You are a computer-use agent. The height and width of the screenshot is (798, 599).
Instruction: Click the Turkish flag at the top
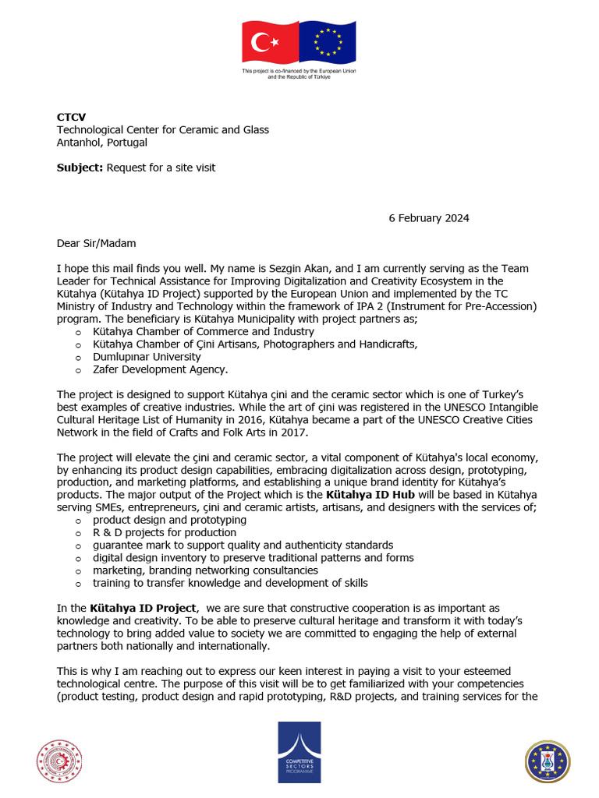click(x=271, y=42)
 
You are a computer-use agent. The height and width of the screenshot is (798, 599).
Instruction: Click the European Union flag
click(x=328, y=42)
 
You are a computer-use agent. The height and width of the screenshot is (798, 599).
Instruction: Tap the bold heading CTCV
click(x=71, y=118)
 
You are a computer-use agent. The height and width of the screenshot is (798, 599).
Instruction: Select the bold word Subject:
click(x=80, y=168)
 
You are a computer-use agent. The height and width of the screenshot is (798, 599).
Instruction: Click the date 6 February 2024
click(x=429, y=218)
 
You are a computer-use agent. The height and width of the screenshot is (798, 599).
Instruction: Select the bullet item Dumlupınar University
click(x=147, y=357)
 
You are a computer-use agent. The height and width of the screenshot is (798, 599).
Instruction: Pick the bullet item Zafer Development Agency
click(x=160, y=369)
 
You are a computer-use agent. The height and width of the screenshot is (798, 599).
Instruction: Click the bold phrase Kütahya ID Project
click(x=143, y=608)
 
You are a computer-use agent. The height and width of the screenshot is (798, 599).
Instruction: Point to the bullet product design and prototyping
click(x=169, y=520)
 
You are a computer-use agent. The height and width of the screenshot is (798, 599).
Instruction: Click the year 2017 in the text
click(x=296, y=433)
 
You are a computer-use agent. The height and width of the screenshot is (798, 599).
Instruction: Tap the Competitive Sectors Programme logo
click(x=299, y=752)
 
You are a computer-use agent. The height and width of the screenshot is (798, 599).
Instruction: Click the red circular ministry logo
click(x=59, y=761)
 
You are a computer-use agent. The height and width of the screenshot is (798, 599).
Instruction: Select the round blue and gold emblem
click(x=548, y=761)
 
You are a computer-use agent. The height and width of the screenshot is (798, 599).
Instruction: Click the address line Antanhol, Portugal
click(x=101, y=143)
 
